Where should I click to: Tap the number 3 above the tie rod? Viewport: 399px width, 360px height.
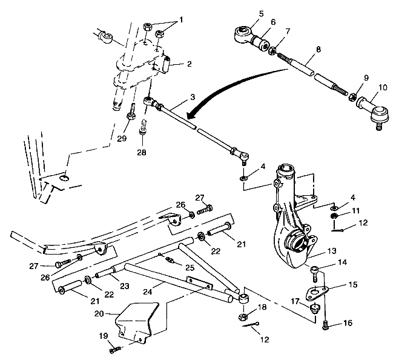(x=193, y=96)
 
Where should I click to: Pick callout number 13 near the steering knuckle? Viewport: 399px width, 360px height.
(x=332, y=250)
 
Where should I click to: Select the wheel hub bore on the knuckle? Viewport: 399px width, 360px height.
(x=296, y=245)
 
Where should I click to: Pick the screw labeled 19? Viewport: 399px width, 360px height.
(x=116, y=348)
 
